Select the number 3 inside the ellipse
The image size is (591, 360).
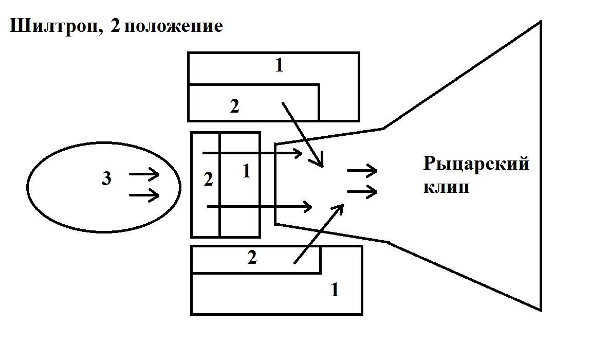coord(106,179)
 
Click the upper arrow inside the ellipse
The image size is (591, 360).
coord(144,175)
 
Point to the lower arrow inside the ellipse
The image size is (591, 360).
coord(144,195)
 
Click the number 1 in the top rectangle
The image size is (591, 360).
coord(279,66)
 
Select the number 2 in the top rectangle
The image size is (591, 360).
coord(234,106)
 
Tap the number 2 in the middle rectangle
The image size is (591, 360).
coord(208,179)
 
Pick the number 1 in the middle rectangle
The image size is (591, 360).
coord(246,171)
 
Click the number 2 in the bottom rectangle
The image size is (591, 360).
coord(252,258)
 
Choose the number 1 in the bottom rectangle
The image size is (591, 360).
coord(335,290)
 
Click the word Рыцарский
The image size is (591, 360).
coord(476,164)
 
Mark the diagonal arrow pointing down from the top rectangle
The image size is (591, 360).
coord(303,134)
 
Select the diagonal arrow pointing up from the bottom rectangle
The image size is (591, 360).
coord(319,233)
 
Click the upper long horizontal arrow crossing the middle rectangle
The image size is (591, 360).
coord(252,153)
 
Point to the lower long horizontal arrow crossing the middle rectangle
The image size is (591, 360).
coord(259,207)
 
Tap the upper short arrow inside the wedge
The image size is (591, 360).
coord(362,171)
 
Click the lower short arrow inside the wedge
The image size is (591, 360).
coord(362,192)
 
